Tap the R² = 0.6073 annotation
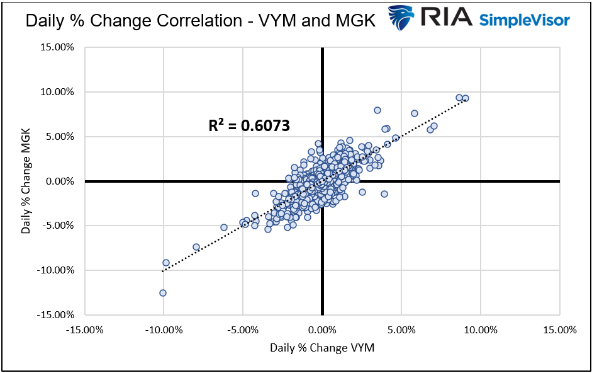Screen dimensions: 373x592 (249, 125)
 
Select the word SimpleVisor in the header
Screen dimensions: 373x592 (525, 20)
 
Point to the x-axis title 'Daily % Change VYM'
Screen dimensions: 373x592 (322, 348)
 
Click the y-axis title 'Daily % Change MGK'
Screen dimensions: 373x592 (26, 181)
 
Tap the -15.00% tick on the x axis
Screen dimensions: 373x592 (84, 330)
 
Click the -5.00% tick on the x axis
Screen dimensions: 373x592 (243, 330)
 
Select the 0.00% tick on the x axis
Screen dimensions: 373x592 (322, 330)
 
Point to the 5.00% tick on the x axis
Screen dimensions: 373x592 (401, 330)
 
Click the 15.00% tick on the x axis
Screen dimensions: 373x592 (559, 330)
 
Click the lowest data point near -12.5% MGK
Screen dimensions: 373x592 (163, 293)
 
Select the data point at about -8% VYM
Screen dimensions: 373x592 (196, 247)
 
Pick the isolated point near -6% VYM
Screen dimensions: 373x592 (224, 227)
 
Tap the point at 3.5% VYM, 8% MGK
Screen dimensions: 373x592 (377, 110)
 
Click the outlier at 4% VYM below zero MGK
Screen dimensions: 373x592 (384, 194)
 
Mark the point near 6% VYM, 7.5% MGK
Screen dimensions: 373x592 (415, 113)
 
